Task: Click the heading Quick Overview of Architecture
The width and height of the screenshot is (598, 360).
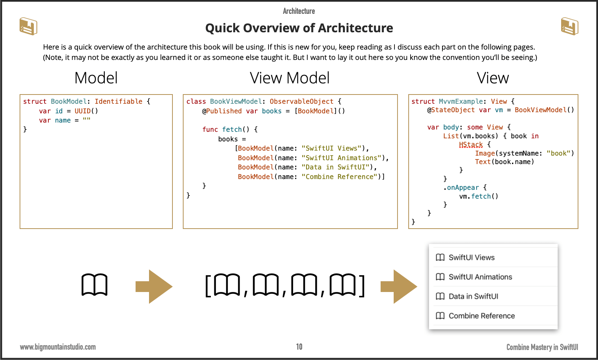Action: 299,28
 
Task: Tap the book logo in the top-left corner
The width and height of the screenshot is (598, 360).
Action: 28,27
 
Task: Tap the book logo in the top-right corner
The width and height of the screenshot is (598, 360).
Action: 570,27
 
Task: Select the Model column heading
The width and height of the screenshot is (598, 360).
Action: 96,78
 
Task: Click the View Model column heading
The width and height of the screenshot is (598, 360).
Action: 290,78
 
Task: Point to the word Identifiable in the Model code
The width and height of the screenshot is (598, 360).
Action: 118,101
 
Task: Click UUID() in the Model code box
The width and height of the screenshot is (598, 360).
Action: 86,111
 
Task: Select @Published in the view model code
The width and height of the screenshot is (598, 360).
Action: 222,111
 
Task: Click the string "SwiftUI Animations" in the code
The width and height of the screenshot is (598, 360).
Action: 343,158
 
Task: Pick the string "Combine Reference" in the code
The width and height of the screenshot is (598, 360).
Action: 341,177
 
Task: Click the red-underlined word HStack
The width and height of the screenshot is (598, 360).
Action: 471,144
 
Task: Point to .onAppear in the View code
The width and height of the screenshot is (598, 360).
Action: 461,187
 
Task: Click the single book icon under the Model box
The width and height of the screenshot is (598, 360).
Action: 94,285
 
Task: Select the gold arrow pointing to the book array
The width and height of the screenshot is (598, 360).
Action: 154,287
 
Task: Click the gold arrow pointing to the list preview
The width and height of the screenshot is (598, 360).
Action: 399,287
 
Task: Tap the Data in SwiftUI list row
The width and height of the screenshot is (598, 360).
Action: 473,296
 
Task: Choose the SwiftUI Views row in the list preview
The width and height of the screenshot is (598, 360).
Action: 472,257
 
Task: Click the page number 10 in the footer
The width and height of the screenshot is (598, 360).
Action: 299,347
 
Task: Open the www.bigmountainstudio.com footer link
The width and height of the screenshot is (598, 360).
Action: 58,347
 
